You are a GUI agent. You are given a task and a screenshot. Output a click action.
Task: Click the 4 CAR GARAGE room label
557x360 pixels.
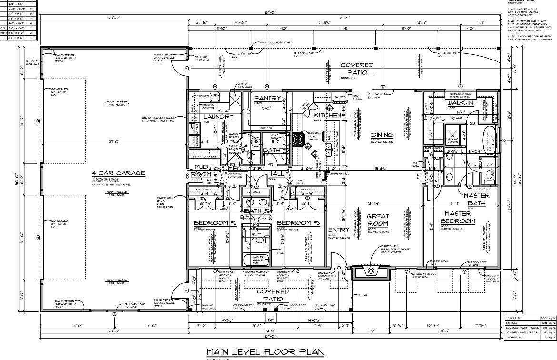point(119,173)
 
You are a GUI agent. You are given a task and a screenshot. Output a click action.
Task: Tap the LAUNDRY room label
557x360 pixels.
point(219,117)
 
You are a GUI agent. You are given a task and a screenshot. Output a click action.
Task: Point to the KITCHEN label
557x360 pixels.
point(328,115)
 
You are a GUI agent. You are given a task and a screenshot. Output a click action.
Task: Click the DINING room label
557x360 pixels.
point(382,135)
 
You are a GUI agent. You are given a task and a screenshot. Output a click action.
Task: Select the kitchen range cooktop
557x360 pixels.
point(299,140)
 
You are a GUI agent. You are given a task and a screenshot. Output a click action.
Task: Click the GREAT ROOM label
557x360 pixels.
point(378,220)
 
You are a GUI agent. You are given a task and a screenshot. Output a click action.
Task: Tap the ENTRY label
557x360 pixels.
point(339,230)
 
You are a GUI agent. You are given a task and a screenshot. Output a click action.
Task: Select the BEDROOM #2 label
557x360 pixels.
point(215,223)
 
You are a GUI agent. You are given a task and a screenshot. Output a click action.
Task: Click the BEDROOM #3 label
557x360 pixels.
point(298,223)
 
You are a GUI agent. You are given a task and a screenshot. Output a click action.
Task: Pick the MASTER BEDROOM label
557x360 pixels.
point(458,218)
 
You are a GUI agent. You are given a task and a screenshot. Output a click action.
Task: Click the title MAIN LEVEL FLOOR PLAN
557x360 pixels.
point(265,351)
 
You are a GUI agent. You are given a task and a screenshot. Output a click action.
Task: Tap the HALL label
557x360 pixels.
point(276,175)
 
